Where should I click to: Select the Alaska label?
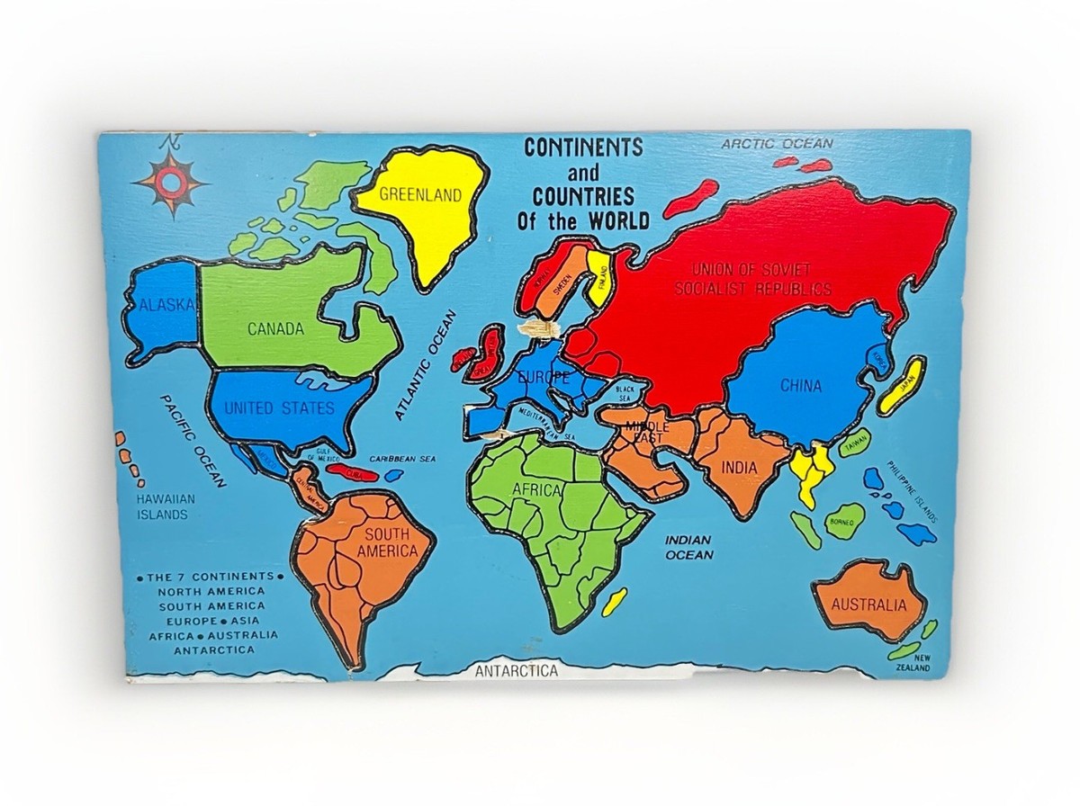point(166,306)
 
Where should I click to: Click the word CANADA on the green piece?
point(275,329)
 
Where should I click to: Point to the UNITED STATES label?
point(279,408)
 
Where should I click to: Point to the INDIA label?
point(740,468)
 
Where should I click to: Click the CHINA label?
point(800,386)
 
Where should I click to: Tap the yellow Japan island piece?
point(902,386)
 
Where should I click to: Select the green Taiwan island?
point(854,443)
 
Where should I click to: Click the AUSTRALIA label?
point(868,604)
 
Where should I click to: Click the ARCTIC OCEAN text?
point(778,144)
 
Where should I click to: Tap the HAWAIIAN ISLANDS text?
point(163,506)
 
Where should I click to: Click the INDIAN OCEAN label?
point(688,547)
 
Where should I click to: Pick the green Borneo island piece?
point(845,521)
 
